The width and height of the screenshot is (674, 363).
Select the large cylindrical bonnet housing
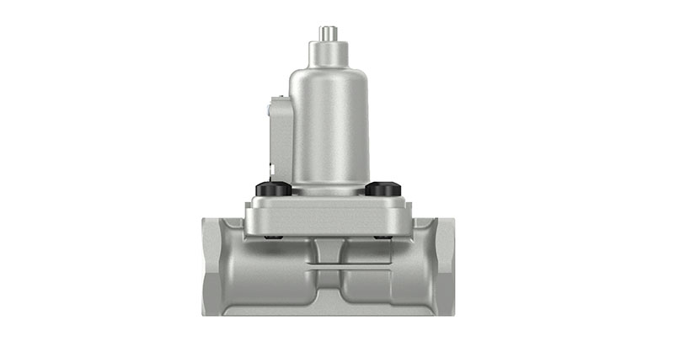coord(329,126)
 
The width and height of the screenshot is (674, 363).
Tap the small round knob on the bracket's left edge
coord(270,109)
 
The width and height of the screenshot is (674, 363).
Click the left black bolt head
coord(273,190)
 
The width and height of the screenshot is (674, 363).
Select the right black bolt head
coord(382,190)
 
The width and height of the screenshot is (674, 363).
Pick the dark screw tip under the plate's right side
coord(385,239)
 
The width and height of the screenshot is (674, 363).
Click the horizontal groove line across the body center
coord(328,268)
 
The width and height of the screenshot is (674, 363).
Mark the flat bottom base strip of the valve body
coord(329,311)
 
